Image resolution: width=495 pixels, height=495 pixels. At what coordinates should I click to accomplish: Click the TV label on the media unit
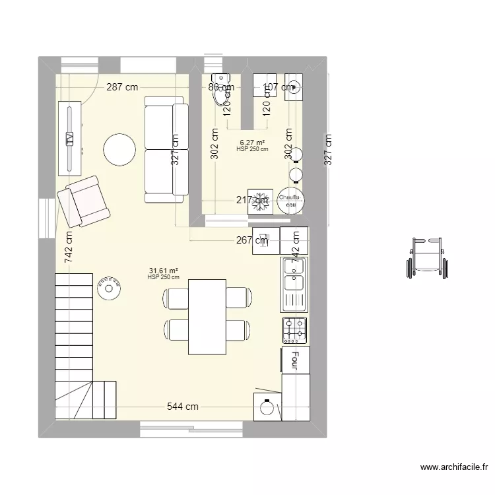(x=69, y=138)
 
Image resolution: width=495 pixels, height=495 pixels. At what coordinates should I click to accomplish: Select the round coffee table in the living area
(x=120, y=150)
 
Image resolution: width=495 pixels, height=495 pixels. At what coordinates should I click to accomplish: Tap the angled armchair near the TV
(x=84, y=202)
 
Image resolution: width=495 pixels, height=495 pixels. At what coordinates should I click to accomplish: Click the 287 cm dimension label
(x=123, y=87)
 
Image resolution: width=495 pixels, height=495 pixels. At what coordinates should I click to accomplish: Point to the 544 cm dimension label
(x=183, y=407)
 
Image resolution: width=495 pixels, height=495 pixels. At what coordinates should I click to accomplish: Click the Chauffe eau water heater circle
(x=289, y=201)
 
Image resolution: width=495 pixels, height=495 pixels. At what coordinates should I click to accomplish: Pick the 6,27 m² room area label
(x=252, y=143)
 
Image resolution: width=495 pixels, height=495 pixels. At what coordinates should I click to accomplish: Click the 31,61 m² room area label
(x=164, y=271)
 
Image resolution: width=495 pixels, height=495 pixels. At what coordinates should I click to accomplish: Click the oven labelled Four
(x=295, y=361)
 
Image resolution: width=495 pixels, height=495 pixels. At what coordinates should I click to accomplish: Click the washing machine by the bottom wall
(x=267, y=406)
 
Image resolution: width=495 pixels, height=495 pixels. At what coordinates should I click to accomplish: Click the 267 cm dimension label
(x=251, y=240)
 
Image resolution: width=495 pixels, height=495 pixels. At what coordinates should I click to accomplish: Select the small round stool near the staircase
(x=110, y=288)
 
